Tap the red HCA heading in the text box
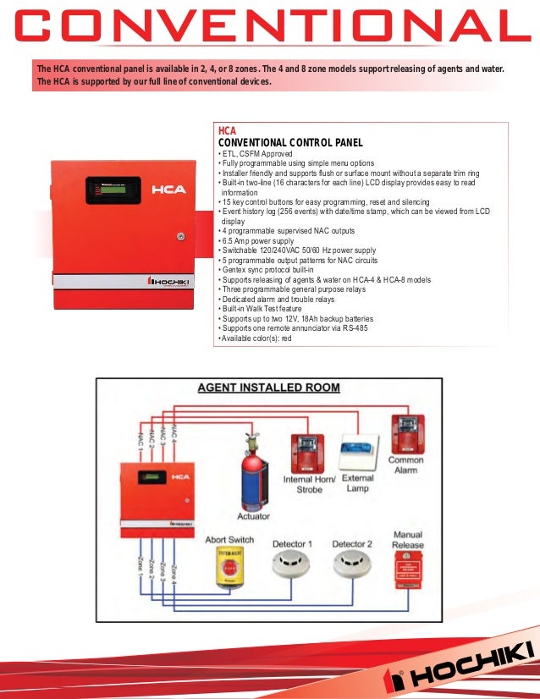(227, 131)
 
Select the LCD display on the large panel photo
(113, 190)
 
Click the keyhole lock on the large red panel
(179, 238)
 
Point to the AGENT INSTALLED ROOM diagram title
(268, 388)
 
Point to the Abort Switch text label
(229, 539)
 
